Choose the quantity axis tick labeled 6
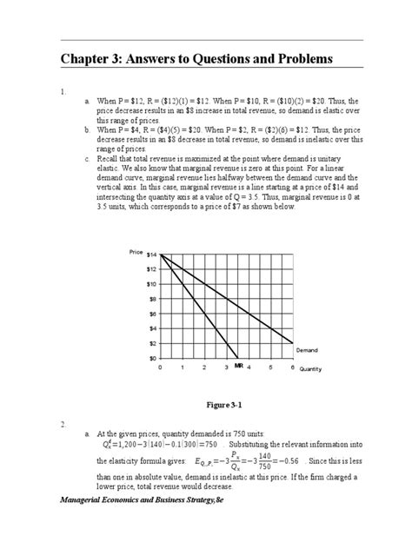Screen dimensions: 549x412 [292, 367]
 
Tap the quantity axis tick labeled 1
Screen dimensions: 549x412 [182, 367]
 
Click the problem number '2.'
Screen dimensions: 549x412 [63, 424]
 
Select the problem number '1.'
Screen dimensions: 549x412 [63, 90]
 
